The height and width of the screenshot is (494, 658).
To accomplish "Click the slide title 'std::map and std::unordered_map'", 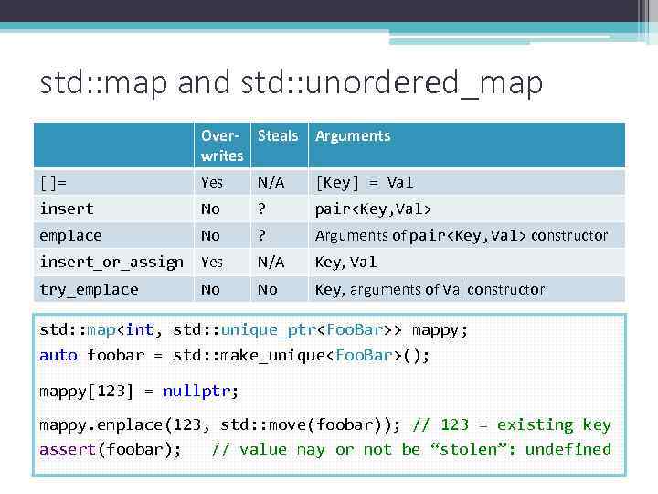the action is click(x=292, y=82).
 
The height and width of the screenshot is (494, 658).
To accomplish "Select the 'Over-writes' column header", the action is click(x=222, y=145).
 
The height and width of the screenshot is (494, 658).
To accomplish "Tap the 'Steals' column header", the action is click(x=278, y=135).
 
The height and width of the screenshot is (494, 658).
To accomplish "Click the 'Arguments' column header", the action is click(x=353, y=135).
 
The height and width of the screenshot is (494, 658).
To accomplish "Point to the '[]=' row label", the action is click(x=54, y=182).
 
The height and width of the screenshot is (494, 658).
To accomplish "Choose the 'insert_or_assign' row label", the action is click(x=111, y=262).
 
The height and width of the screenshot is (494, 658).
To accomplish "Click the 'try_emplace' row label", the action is click(x=89, y=289).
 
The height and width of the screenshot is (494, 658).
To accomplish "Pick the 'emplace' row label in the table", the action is click(x=70, y=235).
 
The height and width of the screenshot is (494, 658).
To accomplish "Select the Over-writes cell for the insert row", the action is click(x=210, y=209).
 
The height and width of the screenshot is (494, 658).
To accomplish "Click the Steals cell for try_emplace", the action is click(x=267, y=289).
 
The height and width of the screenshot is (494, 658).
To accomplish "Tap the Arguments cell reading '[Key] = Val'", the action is click(x=364, y=182).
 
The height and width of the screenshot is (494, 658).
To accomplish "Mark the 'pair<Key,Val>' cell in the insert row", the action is click(x=374, y=209).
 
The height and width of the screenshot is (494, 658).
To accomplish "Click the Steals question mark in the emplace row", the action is click(x=262, y=235).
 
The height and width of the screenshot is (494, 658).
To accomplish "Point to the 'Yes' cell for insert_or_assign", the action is click(x=212, y=262).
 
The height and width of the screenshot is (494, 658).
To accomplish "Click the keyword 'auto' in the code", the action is click(x=58, y=354).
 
